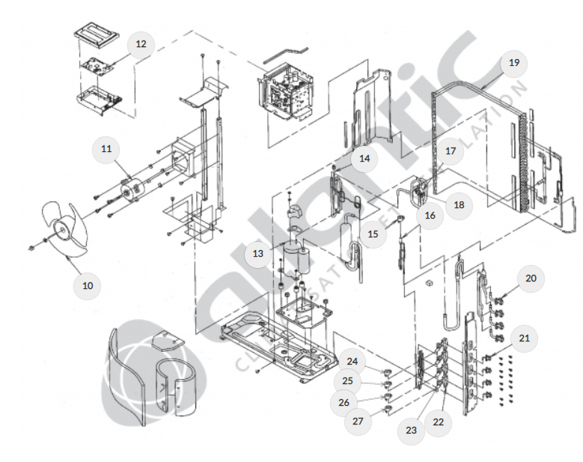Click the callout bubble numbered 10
click(x=88, y=285)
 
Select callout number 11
click(x=106, y=149)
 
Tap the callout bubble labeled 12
click(x=140, y=44)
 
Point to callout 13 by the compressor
click(x=257, y=254)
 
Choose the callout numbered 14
click(x=364, y=159)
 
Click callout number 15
click(x=373, y=234)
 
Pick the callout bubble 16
click(x=430, y=216)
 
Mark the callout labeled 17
click(x=451, y=151)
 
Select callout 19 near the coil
click(x=513, y=63)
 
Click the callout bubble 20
click(x=531, y=279)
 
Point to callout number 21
click(x=524, y=338)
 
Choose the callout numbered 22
click(x=439, y=422)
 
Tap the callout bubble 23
click(x=411, y=431)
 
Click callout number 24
click(x=352, y=362)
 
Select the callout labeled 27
click(x=358, y=421)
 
